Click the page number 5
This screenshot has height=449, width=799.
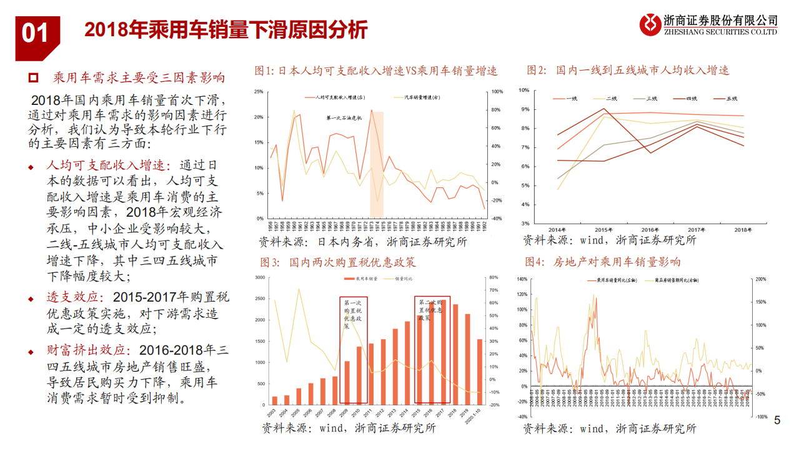coord(777,420)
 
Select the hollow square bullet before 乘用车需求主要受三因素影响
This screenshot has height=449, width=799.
coord(34,79)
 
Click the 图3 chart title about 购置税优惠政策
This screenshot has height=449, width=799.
coord(335,262)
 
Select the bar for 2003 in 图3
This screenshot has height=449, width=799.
coord(274,400)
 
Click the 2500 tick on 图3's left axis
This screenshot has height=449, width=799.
coord(259,299)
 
